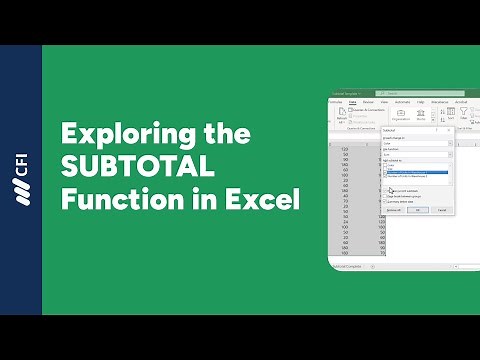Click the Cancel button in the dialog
[441, 210]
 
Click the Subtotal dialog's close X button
[452, 130]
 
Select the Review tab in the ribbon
[368, 102]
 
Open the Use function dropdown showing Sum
[418, 154]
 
